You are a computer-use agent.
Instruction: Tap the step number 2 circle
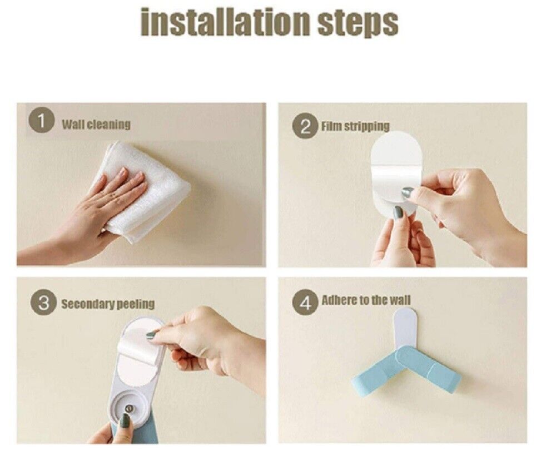(x=305, y=127)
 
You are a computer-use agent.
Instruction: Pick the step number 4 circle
(x=305, y=302)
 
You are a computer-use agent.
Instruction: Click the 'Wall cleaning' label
(x=96, y=125)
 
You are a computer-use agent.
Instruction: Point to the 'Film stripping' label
(x=355, y=126)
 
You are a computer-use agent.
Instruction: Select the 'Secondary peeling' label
(x=108, y=304)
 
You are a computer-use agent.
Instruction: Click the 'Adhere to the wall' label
(x=366, y=300)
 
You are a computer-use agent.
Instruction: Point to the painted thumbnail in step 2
(x=408, y=193)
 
